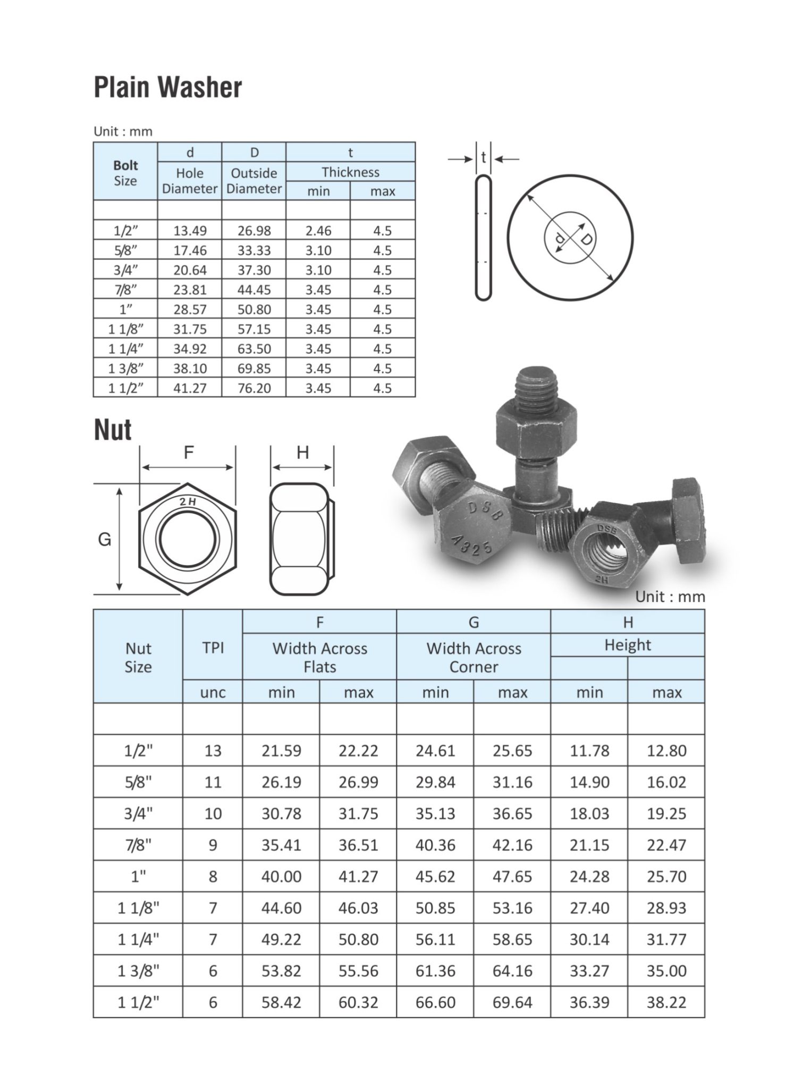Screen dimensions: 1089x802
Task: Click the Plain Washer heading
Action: (167, 88)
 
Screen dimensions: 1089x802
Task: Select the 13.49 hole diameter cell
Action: (190, 231)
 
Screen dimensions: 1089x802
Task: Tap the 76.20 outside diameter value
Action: (254, 388)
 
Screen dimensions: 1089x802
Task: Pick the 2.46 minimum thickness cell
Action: (318, 231)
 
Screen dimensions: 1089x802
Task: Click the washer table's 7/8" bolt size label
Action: (125, 290)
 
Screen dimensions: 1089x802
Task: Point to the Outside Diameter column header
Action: (254, 181)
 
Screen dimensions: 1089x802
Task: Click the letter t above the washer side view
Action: (483, 158)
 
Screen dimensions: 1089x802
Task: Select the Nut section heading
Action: (113, 430)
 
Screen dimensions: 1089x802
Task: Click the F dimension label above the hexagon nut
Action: (189, 453)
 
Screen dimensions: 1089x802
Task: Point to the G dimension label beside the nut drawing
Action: (105, 540)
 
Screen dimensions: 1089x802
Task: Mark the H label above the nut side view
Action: (302, 453)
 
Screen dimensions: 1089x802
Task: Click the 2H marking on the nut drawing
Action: (188, 501)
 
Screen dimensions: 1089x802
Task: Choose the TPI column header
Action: (213, 648)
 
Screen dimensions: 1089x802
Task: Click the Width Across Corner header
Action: (474, 657)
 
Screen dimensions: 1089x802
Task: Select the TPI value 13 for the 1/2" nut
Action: (213, 751)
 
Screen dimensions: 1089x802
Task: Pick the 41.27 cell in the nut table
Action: (358, 876)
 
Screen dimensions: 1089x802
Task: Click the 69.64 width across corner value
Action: (512, 1002)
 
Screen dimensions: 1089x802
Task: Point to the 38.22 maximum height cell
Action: (666, 1002)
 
